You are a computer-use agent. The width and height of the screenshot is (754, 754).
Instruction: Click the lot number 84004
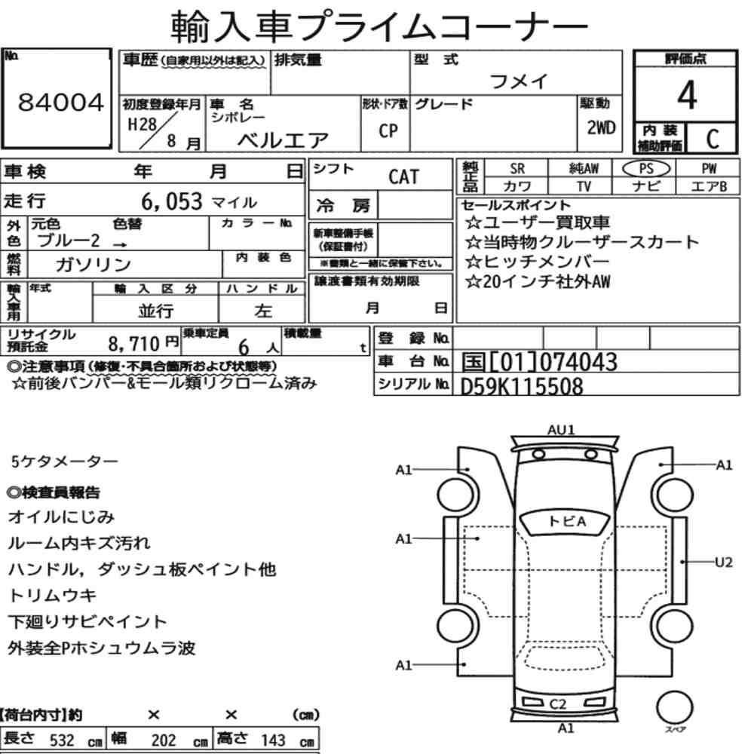pos(61,103)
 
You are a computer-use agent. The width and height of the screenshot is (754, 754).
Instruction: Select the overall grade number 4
pos(687,95)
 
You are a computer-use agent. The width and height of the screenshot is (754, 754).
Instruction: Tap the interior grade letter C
pos(713,139)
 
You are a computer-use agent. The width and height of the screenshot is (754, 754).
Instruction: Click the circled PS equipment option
pos(646,169)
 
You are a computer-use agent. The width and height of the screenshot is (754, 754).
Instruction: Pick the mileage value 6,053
pos(172,201)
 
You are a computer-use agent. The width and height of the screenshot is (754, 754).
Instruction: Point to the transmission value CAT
pos(404,177)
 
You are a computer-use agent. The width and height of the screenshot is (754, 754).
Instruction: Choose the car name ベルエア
pos(283,140)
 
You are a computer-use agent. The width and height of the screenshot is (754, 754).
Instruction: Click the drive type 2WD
pos(601,127)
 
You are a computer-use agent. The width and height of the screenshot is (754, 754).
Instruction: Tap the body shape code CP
pos(388,130)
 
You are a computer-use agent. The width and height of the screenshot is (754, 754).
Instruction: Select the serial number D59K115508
pos(522,387)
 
